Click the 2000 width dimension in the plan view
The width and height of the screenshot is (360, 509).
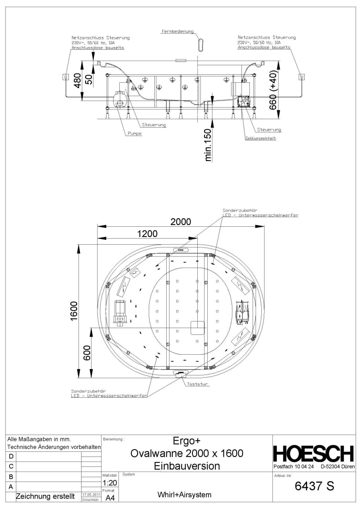coord(181,221)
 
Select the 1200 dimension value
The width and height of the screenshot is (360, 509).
coord(148,233)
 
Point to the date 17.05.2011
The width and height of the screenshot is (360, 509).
coord(91,494)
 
